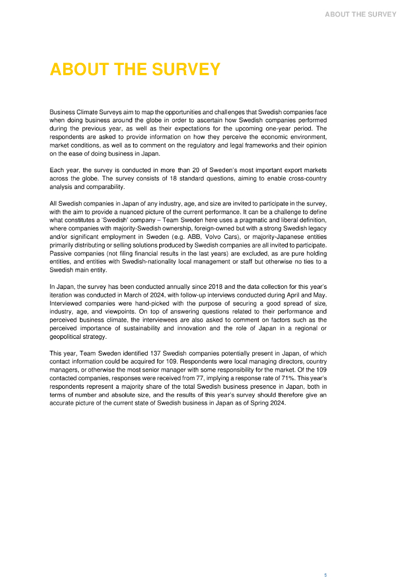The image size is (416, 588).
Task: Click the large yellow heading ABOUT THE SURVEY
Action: pyautogui.click(x=135, y=69)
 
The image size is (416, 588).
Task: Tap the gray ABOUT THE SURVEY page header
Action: pyautogui.click(x=360, y=14)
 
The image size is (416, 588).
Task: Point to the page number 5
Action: pyautogui.click(x=325, y=575)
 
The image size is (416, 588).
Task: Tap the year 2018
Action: pyautogui.click(x=216, y=287)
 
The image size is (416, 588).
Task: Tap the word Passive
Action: pyautogui.click(x=60, y=253)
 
